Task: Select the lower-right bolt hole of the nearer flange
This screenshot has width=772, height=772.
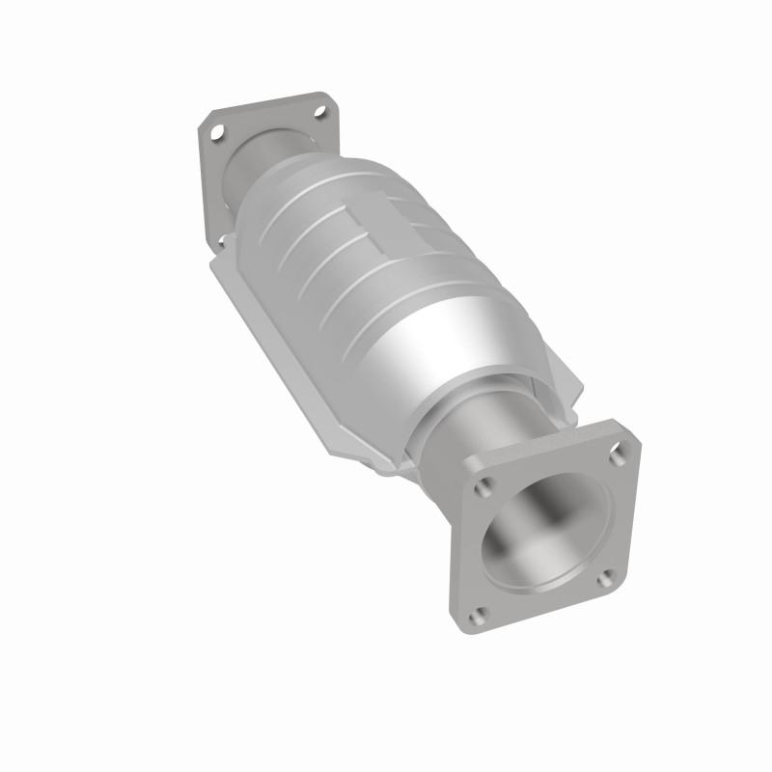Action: click(x=605, y=578)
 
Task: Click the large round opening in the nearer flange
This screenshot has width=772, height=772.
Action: click(x=545, y=535)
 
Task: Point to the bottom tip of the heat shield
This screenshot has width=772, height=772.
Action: click(x=381, y=473)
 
